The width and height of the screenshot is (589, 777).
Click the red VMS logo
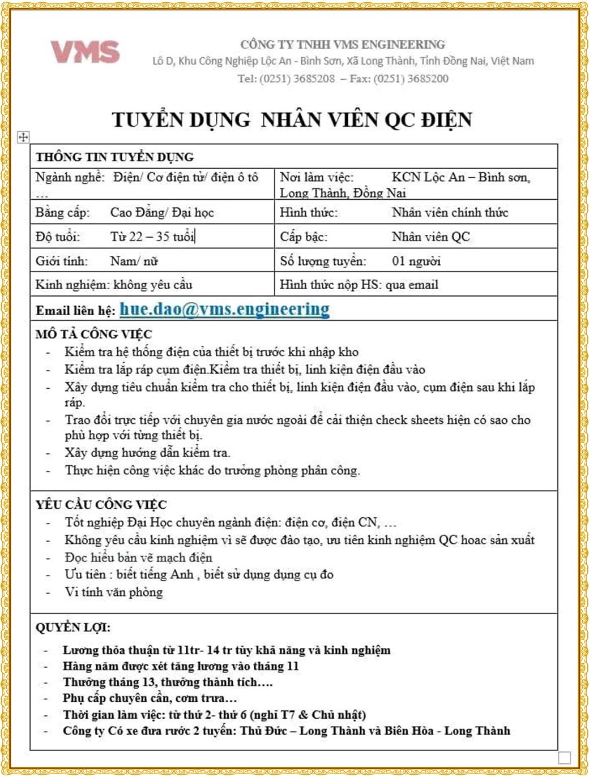[x=85, y=52]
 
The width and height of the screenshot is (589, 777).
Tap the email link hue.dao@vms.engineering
[x=224, y=309]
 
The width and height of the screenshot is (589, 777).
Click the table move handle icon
[x=23, y=137]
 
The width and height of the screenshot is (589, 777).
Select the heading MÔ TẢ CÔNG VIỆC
[x=93, y=334]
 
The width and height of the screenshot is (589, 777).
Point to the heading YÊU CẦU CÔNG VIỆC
[x=101, y=504]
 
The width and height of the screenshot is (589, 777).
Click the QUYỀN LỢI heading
[x=72, y=627]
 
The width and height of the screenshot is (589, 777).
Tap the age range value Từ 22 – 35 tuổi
[x=152, y=237]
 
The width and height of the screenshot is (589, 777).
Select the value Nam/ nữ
[x=134, y=261]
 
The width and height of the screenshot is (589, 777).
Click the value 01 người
[x=416, y=261]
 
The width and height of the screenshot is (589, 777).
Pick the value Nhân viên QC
[x=430, y=237]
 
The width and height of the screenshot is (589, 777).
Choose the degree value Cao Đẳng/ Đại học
[x=162, y=213]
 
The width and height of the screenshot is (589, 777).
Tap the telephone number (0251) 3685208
[x=297, y=79]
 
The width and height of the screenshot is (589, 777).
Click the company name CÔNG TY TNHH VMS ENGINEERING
[x=343, y=45]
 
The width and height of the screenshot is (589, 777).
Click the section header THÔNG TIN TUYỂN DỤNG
[x=114, y=157]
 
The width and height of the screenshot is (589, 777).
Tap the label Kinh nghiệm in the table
[x=71, y=285]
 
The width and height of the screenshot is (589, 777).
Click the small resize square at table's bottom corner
[x=564, y=757]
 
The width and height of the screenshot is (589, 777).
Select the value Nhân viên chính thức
[x=450, y=213]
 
